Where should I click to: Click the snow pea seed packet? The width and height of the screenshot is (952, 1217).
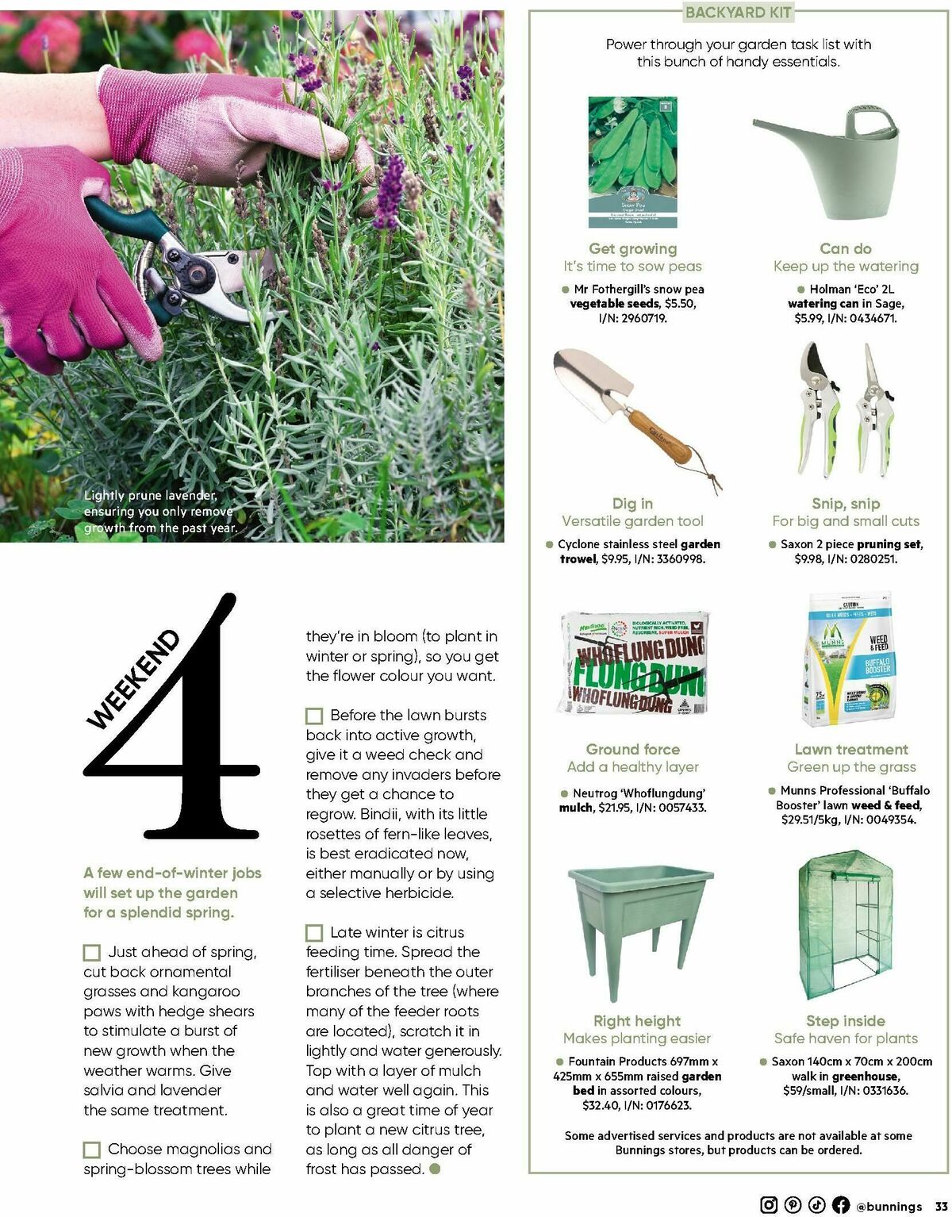(632, 163)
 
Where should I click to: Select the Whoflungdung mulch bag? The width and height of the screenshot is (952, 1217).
(632, 662)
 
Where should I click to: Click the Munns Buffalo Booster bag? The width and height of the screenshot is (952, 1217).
(846, 658)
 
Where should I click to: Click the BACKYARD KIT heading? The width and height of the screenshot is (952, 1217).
(738, 12)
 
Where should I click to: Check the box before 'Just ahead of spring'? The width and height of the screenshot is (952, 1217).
(92, 952)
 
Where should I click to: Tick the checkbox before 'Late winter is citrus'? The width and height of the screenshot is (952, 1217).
(314, 933)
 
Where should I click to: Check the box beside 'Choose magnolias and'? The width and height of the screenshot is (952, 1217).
(92, 1150)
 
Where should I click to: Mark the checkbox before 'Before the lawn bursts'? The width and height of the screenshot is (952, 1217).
(314, 716)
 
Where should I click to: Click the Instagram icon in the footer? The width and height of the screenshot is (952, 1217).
(769, 1204)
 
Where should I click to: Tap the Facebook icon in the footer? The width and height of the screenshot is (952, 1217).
(840, 1204)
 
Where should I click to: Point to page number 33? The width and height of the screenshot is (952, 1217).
(941, 1206)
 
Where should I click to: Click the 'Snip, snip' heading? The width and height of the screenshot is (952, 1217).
(846, 504)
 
